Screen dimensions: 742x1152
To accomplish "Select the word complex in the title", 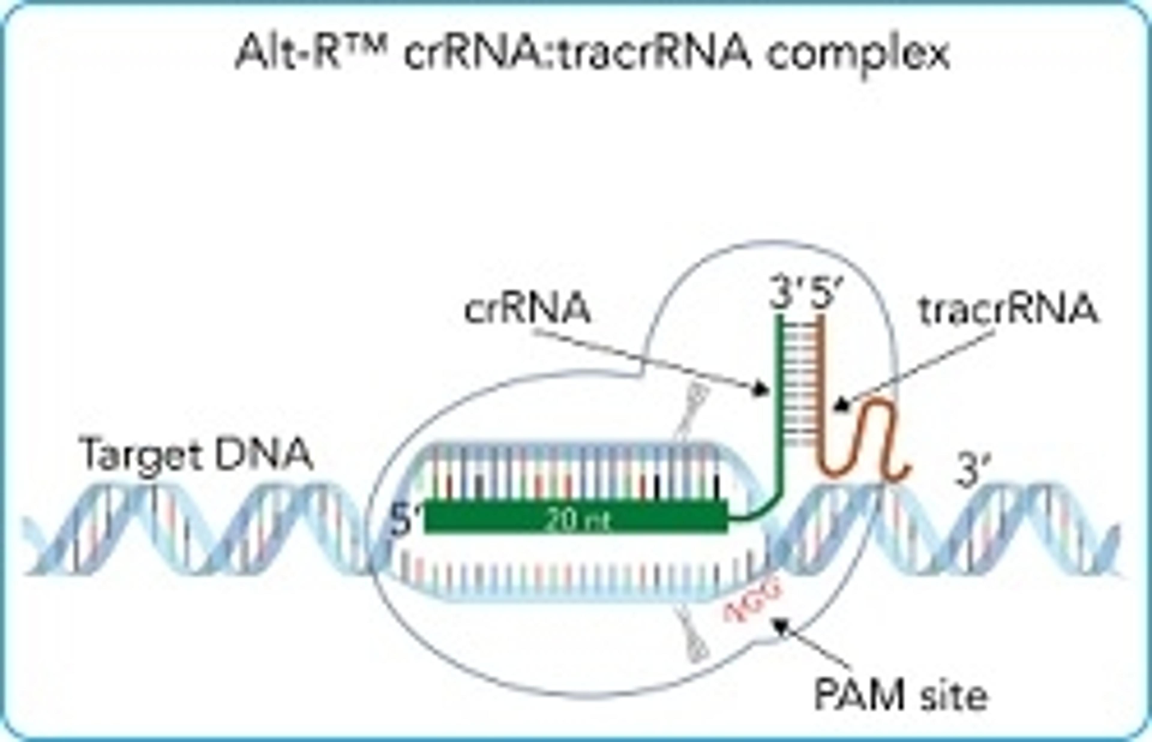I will pyautogui.click(x=858, y=56).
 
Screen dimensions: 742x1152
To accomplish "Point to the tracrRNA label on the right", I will pyautogui.click(x=1009, y=310).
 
